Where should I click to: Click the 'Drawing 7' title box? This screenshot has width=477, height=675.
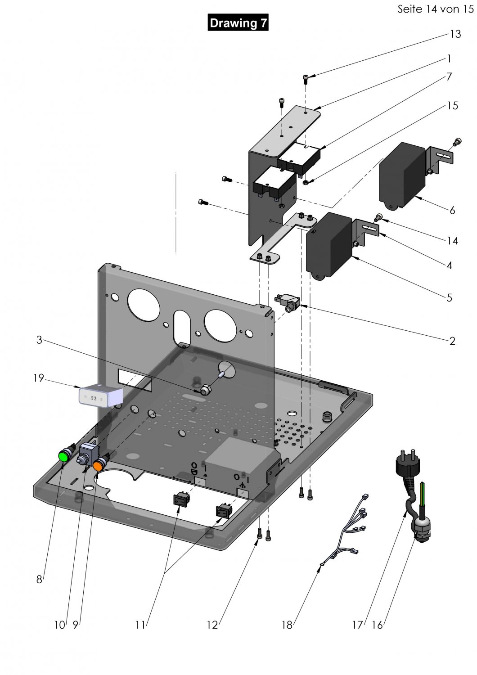(x=238, y=23)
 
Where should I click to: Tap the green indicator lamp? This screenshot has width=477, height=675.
(x=64, y=455)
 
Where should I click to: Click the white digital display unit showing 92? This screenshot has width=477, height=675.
(x=100, y=396)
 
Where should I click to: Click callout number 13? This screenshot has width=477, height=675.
(x=455, y=34)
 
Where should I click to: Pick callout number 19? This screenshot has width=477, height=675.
(x=39, y=378)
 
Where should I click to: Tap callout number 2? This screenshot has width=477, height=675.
(x=452, y=341)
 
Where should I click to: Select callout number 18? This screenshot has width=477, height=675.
(x=287, y=625)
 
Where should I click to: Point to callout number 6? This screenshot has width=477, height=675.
(x=452, y=210)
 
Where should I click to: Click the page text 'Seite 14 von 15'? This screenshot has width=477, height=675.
(x=435, y=9)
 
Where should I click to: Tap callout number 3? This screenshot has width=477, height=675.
(x=39, y=340)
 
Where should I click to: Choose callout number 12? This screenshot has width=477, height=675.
(x=212, y=625)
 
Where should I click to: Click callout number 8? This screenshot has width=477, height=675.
(x=39, y=580)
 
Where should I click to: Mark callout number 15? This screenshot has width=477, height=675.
(x=452, y=106)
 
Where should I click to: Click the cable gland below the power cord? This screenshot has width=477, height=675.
(x=421, y=526)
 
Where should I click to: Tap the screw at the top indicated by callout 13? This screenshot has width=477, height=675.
(x=306, y=80)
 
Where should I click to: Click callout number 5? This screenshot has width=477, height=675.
(x=449, y=297)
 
